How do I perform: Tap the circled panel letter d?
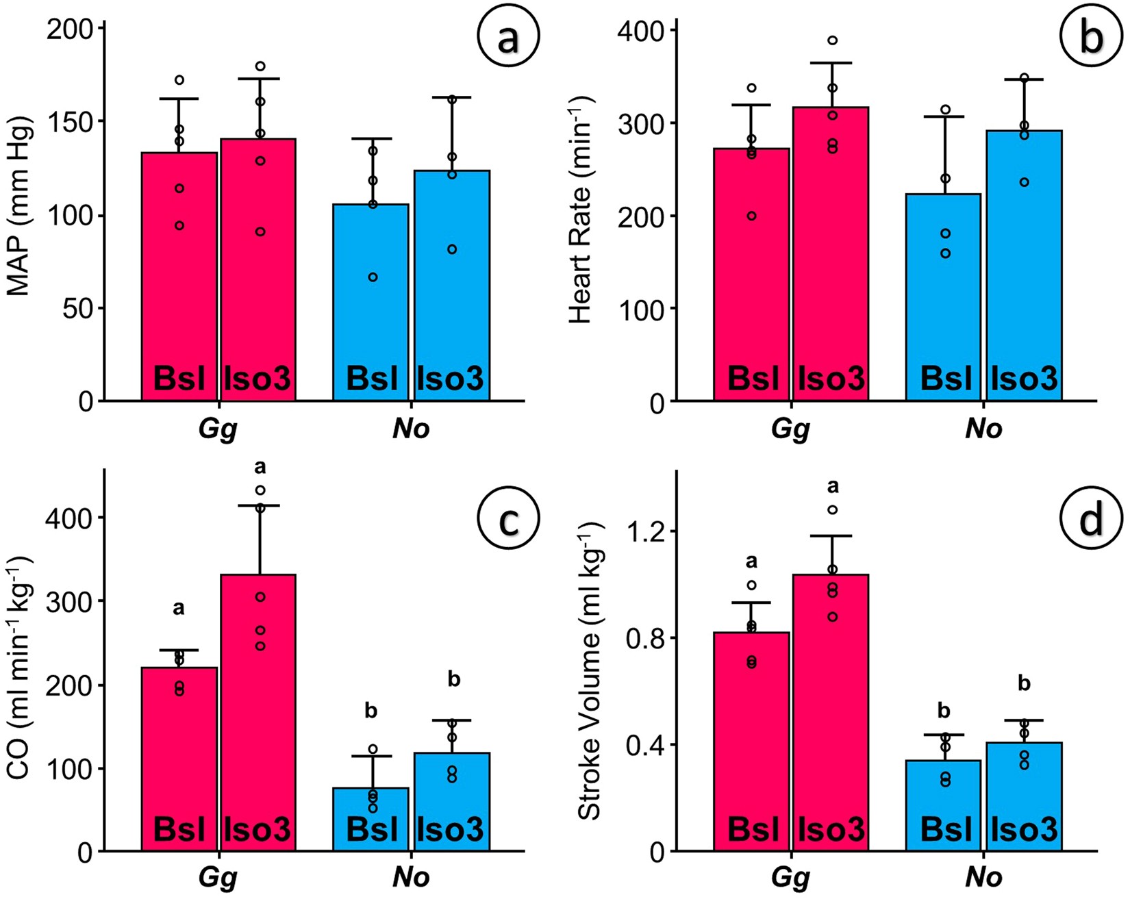click(1090, 518)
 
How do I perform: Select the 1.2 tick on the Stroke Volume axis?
click(647, 531)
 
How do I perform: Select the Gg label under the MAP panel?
click(218, 429)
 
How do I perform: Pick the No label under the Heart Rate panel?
click(984, 429)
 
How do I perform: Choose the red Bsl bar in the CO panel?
click(179, 753)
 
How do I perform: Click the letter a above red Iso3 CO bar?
click(260, 468)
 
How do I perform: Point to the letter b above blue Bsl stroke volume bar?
click(944, 711)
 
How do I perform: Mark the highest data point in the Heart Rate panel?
click(832, 40)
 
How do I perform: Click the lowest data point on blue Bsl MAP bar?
click(373, 277)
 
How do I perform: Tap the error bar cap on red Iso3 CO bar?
click(260, 505)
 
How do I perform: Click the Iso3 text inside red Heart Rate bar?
click(831, 378)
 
